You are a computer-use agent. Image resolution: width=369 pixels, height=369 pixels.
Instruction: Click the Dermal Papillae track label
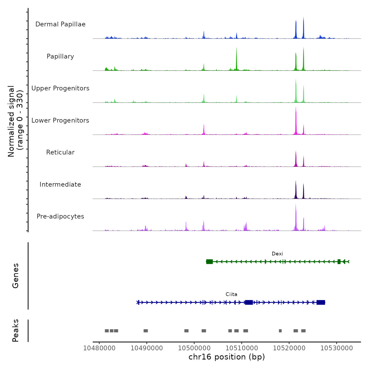click(60, 24)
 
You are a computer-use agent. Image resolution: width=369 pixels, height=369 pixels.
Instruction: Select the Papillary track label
click(60, 56)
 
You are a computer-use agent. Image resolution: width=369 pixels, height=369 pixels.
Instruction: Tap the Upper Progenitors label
click(60, 88)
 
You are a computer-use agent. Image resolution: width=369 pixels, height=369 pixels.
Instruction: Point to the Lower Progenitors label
click(60, 120)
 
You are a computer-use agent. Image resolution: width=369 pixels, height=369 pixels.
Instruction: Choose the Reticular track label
click(60, 152)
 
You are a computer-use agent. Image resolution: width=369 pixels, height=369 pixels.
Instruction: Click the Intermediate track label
click(60, 184)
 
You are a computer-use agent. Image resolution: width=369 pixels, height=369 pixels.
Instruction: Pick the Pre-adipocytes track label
click(60, 216)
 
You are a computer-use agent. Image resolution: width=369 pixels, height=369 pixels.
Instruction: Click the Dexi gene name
click(277, 254)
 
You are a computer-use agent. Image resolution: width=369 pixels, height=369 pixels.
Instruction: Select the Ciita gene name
click(231, 294)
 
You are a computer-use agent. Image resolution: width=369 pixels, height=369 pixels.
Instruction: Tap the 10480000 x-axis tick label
click(99, 348)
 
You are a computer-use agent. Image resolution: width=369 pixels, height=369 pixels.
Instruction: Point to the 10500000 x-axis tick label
click(194, 348)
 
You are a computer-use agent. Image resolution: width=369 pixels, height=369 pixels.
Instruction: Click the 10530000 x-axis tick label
click(337, 348)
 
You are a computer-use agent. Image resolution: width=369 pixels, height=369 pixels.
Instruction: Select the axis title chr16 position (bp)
click(227, 357)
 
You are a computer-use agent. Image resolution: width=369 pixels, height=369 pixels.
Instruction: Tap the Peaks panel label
click(16, 331)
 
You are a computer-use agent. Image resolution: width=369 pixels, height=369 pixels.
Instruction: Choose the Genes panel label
click(16, 276)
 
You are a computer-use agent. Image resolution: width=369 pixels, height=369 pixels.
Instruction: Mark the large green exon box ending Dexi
click(210, 261)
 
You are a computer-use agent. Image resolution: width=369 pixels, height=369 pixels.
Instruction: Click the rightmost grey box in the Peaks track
click(303, 331)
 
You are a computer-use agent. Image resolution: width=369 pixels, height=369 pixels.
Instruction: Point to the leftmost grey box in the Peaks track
click(107, 331)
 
